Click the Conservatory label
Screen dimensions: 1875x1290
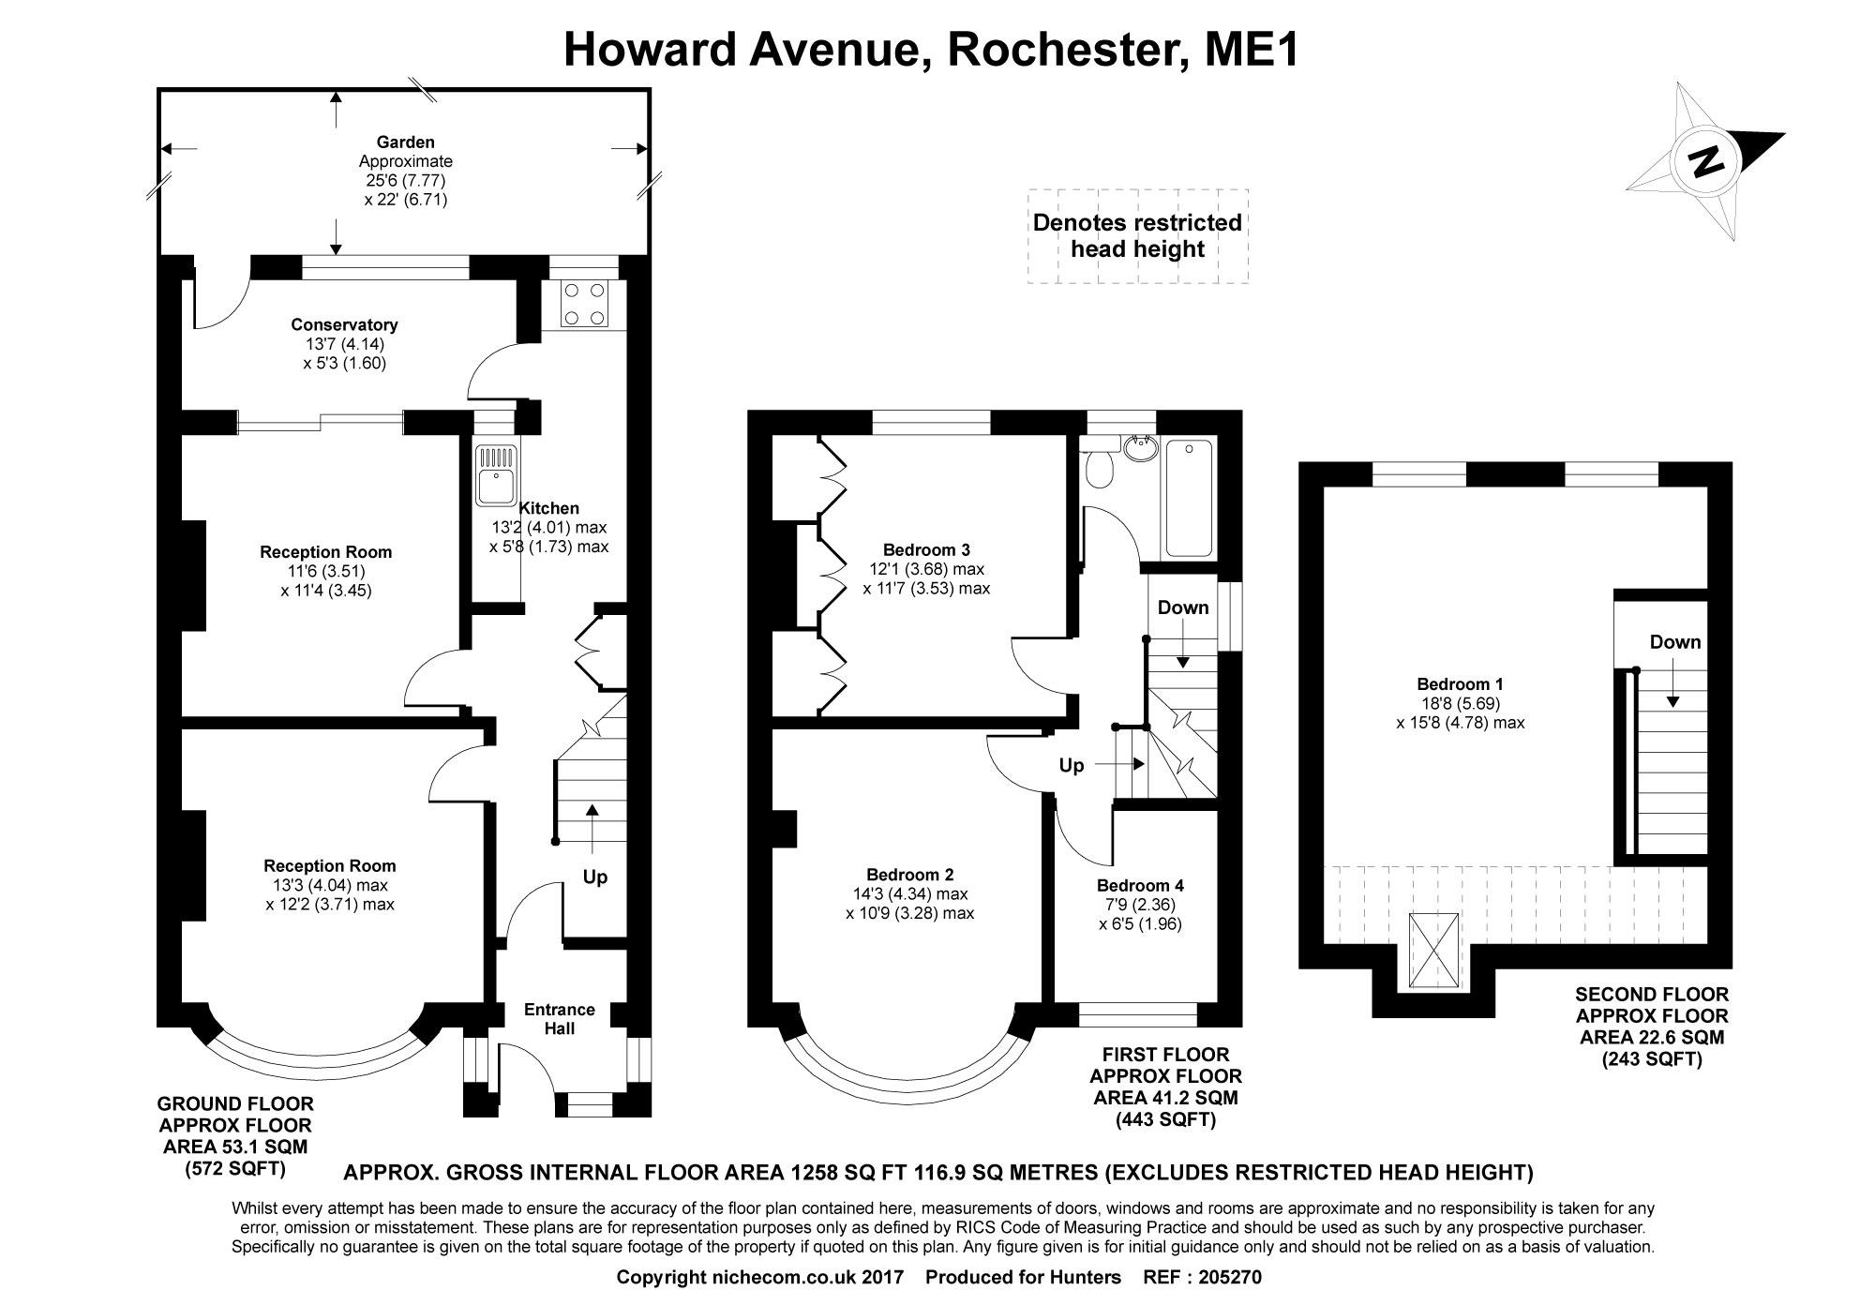click(x=344, y=325)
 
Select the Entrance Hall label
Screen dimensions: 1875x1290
click(x=559, y=1019)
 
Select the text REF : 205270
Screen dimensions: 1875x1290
click(x=1203, y=1277)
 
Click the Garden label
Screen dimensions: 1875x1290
click(x=405, y=142)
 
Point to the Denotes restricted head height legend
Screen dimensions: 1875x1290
click(x=1137, y=235)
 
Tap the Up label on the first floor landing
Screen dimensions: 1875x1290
click(x=1072, y=766)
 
